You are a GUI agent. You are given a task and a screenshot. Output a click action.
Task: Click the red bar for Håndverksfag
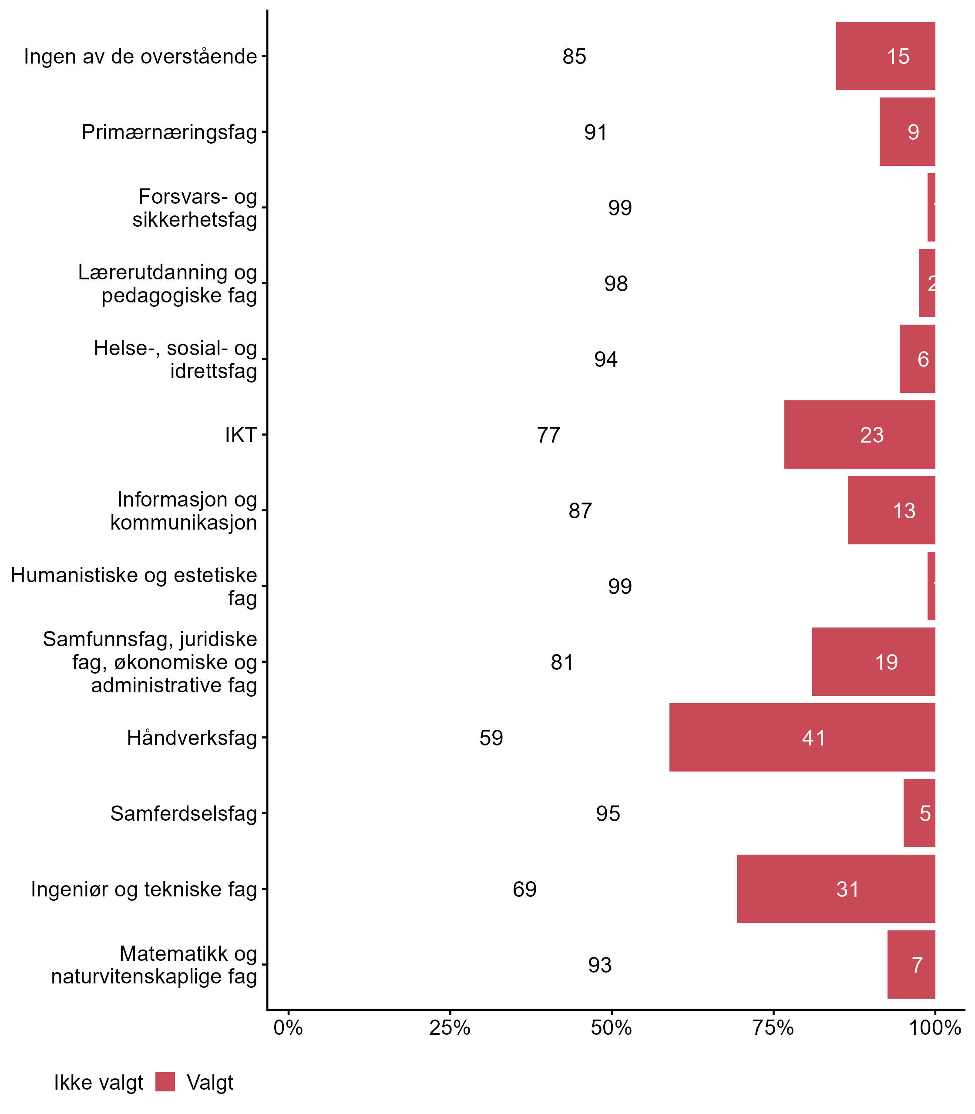coord(802,737)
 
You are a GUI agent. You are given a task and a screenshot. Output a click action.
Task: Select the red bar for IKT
coord(860,435)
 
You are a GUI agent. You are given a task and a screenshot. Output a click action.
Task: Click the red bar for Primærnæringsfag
coord(907,131)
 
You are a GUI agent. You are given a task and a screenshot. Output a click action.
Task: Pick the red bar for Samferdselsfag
coord(919,813)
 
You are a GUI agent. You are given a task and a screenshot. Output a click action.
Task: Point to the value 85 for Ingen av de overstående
coord(574,57)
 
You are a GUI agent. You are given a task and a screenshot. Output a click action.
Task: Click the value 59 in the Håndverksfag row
coord(491,738)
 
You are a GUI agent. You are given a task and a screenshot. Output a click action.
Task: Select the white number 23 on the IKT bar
coord(871,435)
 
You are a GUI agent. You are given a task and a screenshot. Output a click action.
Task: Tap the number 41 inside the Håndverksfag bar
coord(814,738)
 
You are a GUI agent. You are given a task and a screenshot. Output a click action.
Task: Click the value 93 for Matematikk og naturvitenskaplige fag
coord(600,965)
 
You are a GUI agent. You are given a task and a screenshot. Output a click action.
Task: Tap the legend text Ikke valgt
coord(98,1083)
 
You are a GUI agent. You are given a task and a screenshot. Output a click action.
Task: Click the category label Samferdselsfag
coord(183,814)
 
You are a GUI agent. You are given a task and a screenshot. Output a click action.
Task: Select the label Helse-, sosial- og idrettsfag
coord(175,359)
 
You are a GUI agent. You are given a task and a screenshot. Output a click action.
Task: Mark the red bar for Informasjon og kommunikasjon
coord(891,510)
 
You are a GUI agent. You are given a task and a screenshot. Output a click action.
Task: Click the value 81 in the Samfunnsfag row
coord(562,662)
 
